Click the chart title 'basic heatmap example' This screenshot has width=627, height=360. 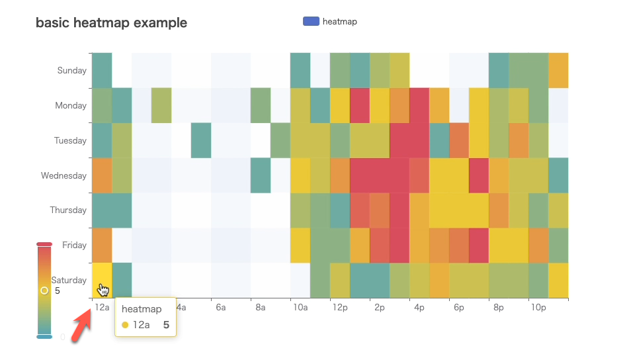tap(111, 23)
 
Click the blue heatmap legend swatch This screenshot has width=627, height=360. tap(311, 21)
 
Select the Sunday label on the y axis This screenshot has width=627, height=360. tap(71, 71)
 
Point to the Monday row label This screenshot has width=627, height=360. tap(71, 106)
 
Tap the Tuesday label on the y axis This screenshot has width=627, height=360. tap(71, 141)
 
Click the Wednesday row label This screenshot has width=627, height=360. tap(63, 176)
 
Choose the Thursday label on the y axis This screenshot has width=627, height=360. tap(68, 210)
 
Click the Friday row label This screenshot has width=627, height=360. tap(74, 246)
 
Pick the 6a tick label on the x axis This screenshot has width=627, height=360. tap(221, 308)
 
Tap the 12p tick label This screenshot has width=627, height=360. tap(339, 308)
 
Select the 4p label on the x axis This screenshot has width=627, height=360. tap(419, 308)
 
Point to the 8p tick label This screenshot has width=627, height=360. tap(498, 308)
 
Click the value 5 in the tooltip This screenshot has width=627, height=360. tap(166, 325)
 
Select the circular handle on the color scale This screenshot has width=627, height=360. tap(44, 291)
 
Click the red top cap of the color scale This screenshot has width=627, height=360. tap(44, 244)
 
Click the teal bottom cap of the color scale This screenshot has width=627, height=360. tap(44, 337)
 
